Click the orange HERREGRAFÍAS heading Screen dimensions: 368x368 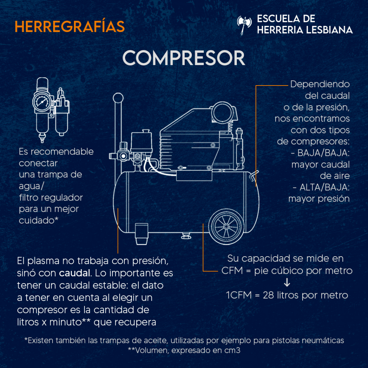click(70, 26)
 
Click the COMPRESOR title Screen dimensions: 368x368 click(184, 58)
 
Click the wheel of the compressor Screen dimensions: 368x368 click(226, 226)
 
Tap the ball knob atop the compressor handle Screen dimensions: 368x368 click(118, 98)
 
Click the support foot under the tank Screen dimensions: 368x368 click(142, 234)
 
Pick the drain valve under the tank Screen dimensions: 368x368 click(186, 236)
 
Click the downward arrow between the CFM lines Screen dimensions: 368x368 click(287, 282)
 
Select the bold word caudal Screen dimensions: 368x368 click(75, 273)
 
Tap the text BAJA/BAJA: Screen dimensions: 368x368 click(323, 153)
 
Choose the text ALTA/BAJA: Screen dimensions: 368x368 click(325, 187)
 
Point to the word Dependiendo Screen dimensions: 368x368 click(320, 84)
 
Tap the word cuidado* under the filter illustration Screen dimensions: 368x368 click(38, 220)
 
